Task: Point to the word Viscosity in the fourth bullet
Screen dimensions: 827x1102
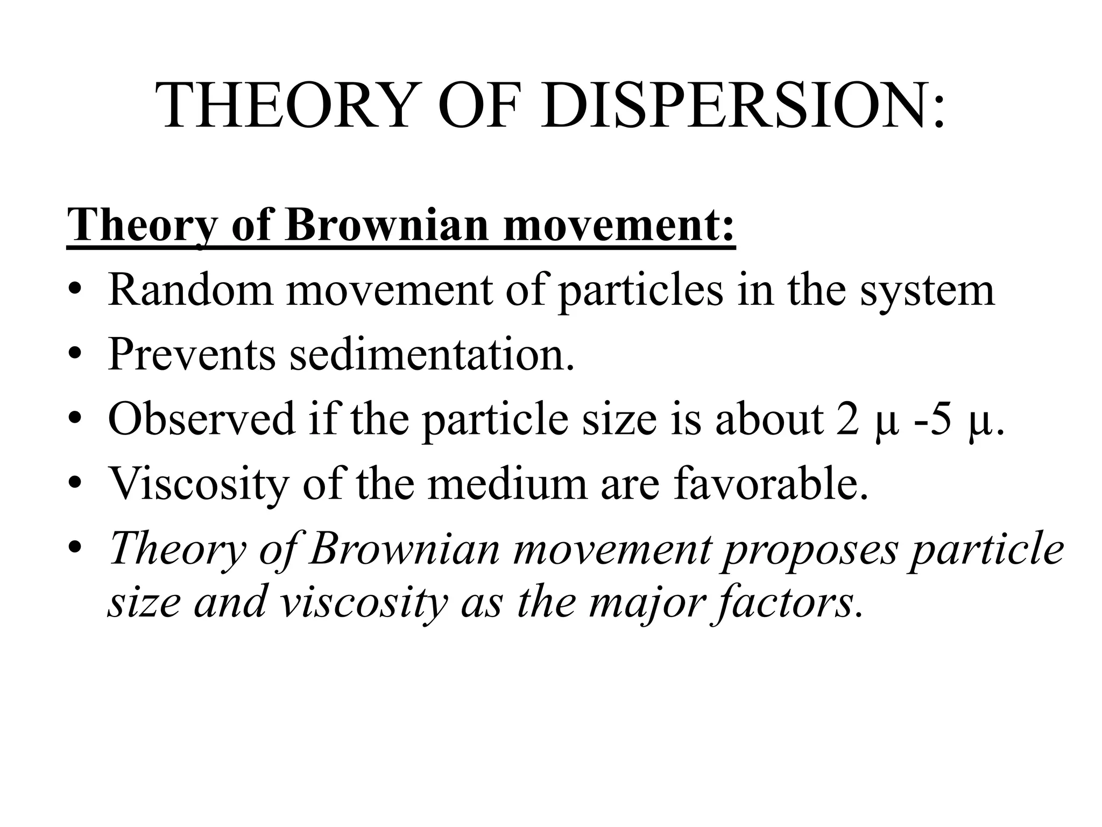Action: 199,483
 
